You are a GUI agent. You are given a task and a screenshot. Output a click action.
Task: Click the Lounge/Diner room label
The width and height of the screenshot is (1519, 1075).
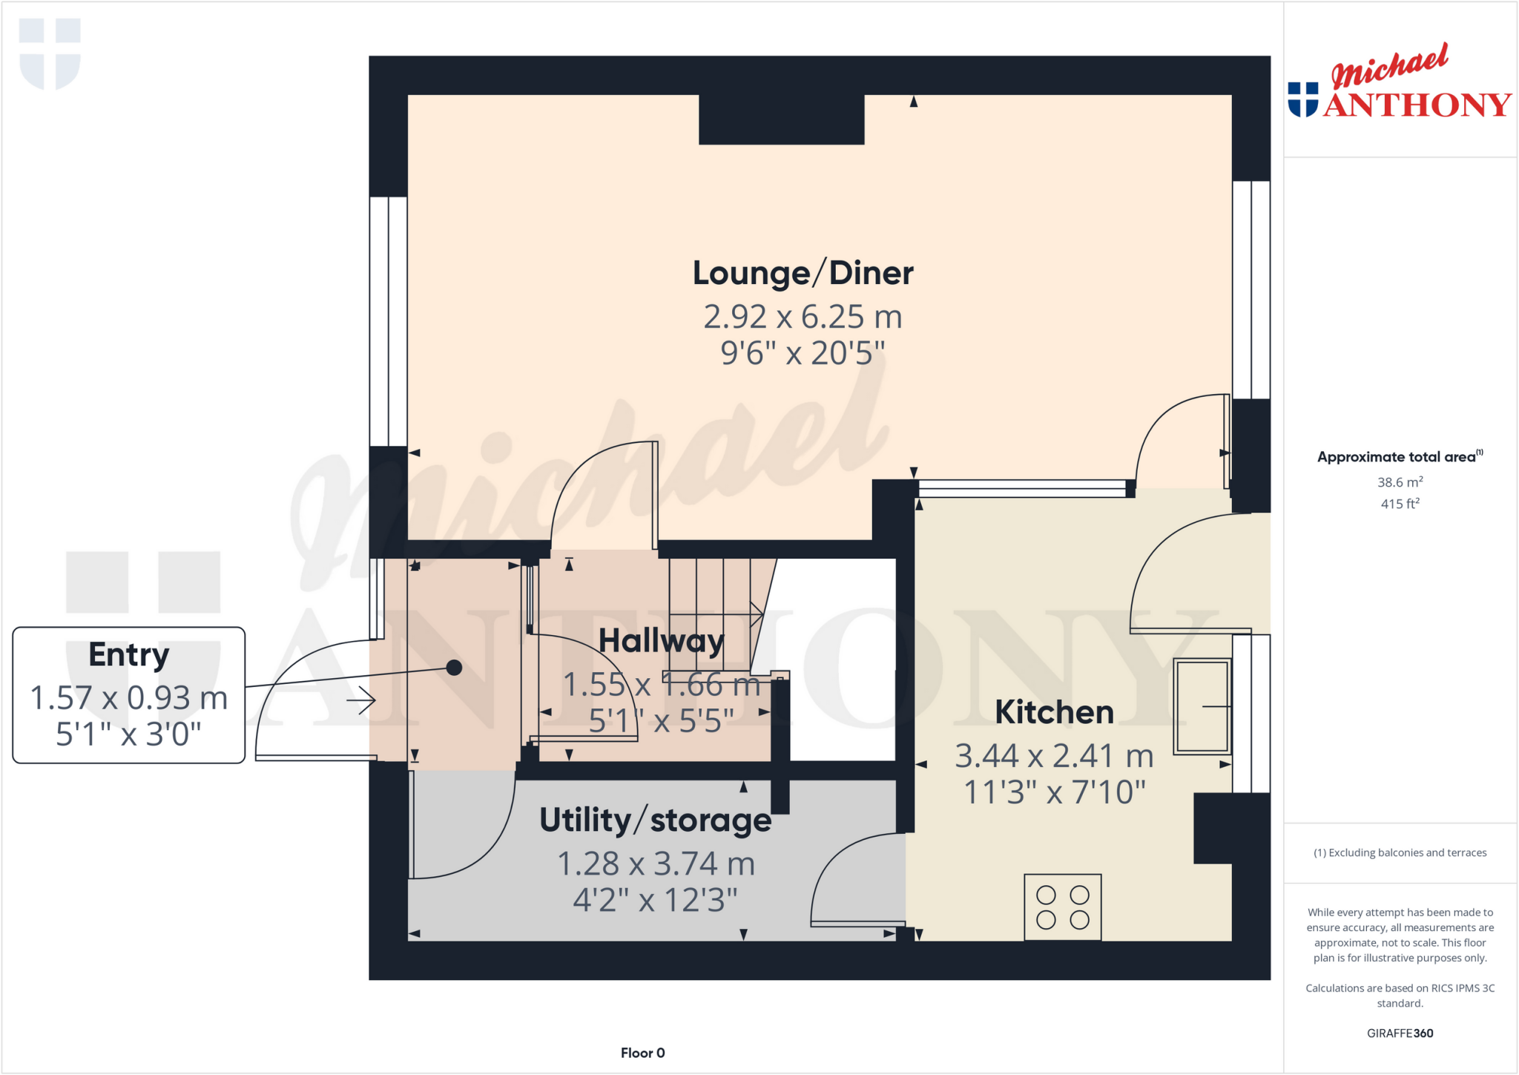[803, 273]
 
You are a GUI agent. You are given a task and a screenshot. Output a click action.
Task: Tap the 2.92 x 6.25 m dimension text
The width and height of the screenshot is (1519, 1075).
[803, 318]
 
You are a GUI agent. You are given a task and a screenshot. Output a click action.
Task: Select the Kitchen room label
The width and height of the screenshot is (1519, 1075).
[1054, 712]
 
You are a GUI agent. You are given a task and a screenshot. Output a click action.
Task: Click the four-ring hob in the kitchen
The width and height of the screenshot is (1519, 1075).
[1062, 907]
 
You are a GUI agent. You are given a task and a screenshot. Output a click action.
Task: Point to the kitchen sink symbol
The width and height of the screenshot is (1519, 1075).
[1202, 706]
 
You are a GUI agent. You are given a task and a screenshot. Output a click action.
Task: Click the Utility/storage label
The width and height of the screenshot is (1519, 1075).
[655, 821]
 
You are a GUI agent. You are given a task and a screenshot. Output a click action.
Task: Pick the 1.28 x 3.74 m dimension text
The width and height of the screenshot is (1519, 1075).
[655, 864]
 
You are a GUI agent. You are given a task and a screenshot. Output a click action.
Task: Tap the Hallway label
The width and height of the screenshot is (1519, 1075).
[661, 641]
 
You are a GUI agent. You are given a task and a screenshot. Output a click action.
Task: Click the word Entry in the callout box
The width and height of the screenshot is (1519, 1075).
[129, 655]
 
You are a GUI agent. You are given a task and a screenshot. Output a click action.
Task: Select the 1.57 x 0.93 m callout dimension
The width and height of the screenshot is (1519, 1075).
[129, 698]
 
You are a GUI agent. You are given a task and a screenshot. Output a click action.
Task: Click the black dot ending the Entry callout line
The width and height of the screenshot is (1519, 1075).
[455, 668]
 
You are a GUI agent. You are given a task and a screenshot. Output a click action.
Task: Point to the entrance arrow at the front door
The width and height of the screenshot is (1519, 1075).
[361, 700]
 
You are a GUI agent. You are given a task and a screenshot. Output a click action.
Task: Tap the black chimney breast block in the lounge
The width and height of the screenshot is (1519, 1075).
[781, 119]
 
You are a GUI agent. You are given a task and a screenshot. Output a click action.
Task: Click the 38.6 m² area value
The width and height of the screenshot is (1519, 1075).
[1400, 482]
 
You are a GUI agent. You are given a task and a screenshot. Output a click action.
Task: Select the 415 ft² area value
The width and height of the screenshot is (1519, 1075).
[1400, 504]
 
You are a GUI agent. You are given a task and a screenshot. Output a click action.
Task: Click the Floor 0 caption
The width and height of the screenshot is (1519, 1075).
[642, 1053]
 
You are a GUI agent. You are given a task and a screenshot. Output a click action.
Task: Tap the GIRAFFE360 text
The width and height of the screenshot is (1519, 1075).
[1400, 1033]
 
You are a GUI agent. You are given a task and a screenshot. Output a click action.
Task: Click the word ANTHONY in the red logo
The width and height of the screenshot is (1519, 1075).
[1417, 105]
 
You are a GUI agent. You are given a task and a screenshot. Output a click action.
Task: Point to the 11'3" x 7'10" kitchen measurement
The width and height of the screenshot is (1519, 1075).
[1054, 792]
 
